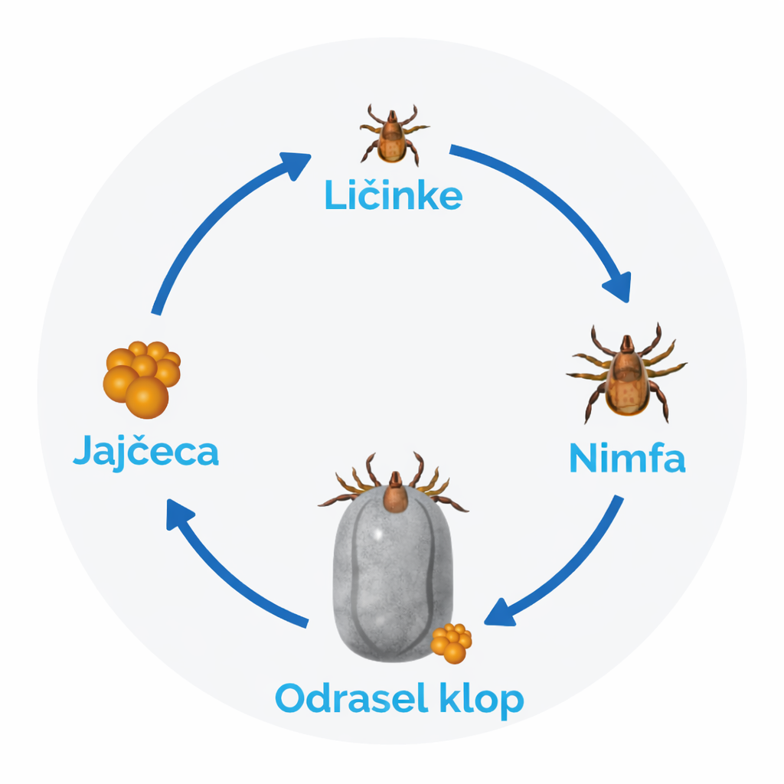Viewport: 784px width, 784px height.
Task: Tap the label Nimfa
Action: pos(627,457)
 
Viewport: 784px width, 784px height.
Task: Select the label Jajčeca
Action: pos(146,452)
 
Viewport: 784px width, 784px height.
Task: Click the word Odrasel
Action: pos(351,698)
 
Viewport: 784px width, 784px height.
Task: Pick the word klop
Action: pos(482,701)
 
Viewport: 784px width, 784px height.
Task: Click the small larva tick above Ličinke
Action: pos(393,134)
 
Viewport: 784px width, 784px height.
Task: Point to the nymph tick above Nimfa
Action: pos(626,374)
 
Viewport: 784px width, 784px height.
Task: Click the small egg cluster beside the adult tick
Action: pos(452,643)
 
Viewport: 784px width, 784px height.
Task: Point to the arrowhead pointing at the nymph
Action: pos(618,287)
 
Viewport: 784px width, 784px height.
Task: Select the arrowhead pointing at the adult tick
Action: pos(499,613)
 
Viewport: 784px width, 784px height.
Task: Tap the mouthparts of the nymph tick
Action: pos(626,343)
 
